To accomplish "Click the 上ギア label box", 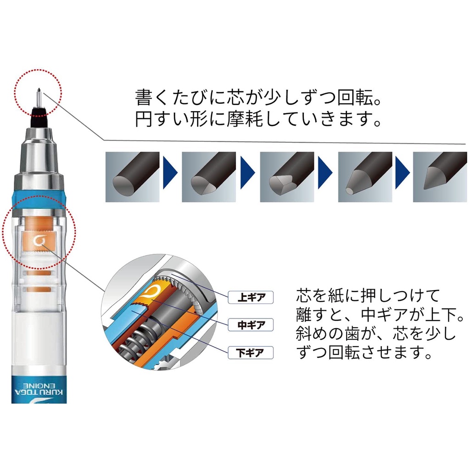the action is pyautogui.click(x=251, y=297).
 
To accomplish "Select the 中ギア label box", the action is pyautogui.click(x=251, y=325).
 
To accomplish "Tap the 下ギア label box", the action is pyautogui.click(x=251, y=352).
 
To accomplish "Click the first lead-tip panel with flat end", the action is pyautogui.click(x=133, y=177).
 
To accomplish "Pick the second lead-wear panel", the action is pyautogui.click(x=209, y=177).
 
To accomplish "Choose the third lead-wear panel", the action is pyautogui.click(x=287, y=177).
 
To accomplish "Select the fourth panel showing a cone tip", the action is pyautogui.click(x=365, y=177).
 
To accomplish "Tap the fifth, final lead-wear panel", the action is pyautogui.click(x=440, y=177).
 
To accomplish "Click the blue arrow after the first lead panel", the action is pyautogui.click(x=169, y=173).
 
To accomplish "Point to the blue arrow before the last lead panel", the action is pyautogui.click(x=402, y=173).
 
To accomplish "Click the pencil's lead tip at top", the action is pyautogui.click(x=39, y=90).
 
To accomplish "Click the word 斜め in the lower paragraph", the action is pyautogui.click(x=312, y=333).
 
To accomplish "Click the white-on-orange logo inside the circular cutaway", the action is pyautogui.click(x=154, y=290).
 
